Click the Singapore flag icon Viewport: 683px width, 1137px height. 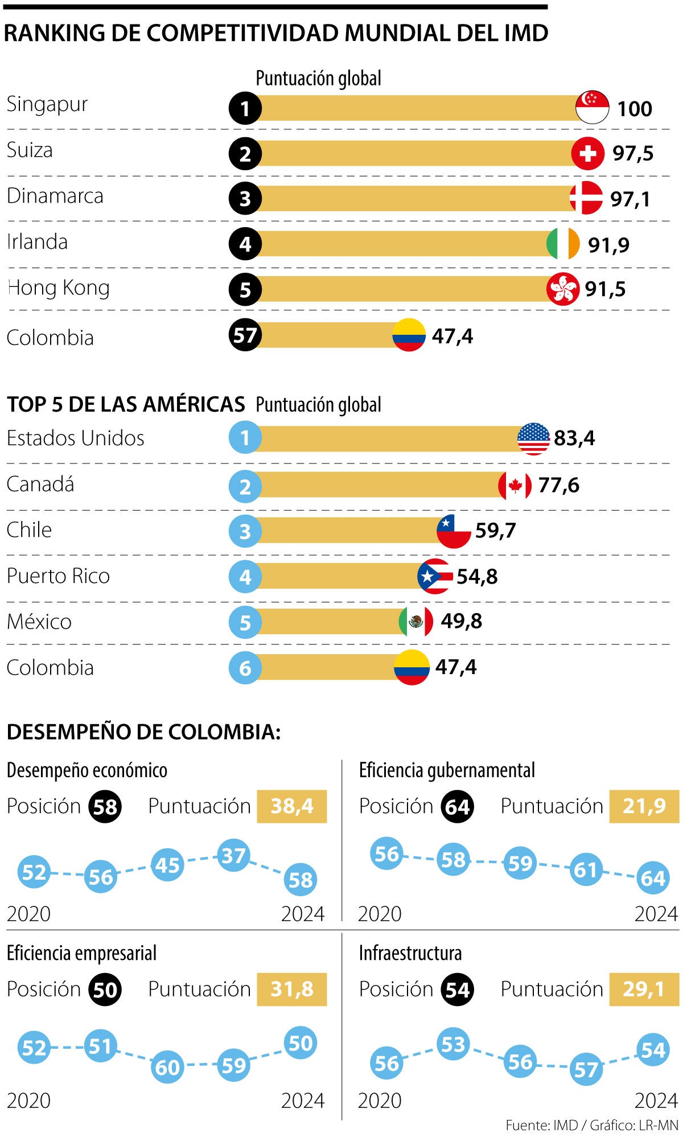click(x=592, y=107)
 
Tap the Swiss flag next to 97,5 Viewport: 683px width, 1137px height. click(x=587, y=153)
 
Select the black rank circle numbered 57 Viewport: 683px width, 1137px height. click(x=245, y=335)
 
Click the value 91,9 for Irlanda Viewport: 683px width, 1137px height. click(x=608, y=245)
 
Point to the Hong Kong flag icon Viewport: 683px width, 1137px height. click(x=562, y=289)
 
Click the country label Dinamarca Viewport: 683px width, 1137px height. click(x=55, y=196)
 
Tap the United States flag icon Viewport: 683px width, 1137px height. click(x=533, y=439)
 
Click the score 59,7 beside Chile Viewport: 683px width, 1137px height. click(x=495, y=531)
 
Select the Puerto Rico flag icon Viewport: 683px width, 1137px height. click(x=435, y=576)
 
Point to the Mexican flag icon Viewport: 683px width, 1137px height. click(x=415, y=621)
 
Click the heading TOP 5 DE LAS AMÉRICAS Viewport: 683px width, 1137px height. click(x=126, y=404)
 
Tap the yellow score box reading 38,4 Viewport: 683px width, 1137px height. click(x=291, y=806)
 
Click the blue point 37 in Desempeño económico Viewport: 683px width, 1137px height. click(x=233, y=855)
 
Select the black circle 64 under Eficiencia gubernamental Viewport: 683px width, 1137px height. click(x=457, y=807)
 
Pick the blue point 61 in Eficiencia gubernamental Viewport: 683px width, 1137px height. click(x=586, y=869)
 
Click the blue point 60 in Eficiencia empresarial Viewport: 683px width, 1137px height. click(x=167, y=1067)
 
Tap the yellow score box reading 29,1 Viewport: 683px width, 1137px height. click(x=644, y=990)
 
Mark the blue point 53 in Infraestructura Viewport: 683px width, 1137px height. click(x=453, y=1045)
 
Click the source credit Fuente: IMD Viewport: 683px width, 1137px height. click(x=541, y=1125)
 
